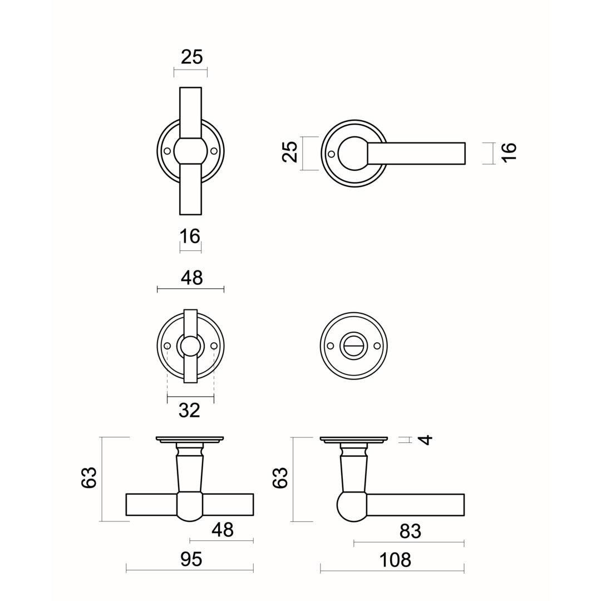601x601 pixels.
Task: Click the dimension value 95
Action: [x=191, y=559]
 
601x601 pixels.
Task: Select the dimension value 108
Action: [x=395, y=560]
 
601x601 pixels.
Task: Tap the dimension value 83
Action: [x=410, y=531]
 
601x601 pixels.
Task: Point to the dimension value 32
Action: [x=189, y=411]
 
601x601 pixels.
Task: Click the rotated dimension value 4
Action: [x=426, y=439]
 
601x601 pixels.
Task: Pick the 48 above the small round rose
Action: [x=191, y=278]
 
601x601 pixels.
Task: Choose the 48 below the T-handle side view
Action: [x=222, y=530]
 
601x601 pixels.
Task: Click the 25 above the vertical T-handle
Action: [x=191, y=57]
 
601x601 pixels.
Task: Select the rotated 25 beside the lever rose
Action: [x=290, y=152]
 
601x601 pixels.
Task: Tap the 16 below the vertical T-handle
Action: [x=190, y=237]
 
